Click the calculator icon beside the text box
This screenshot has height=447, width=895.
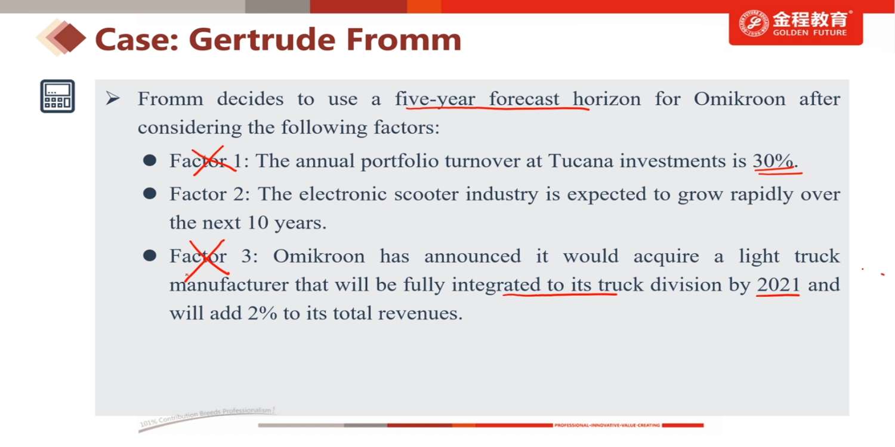click(x=57, y=96)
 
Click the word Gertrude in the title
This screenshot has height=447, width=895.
click(x=262, y=39)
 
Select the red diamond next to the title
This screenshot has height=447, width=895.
click(x=70, y=38)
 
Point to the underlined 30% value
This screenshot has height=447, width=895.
click(x=773, y=161)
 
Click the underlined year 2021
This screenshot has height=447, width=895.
click(x=778, y=284)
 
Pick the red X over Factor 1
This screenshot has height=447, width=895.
click(x=214, y=160)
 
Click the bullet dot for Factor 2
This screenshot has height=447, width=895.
click(x=149, y=194)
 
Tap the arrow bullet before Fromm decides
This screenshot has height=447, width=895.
click(x=113, y=98)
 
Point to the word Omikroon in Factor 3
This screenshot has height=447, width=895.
click(x=319, y=256)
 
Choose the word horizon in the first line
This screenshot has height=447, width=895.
click(x=607, y=98)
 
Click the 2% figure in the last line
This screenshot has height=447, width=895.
click(x=262, y=313)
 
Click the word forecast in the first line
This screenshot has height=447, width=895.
click(x=524, y=98)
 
